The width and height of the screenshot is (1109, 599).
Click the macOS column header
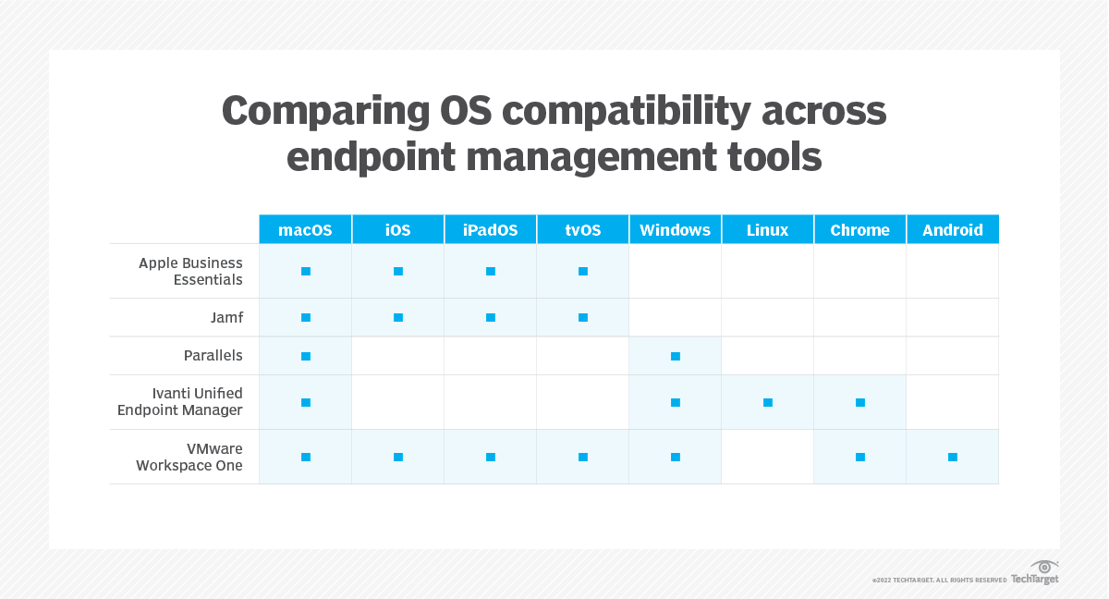pyautogui.click(x=305, y=230)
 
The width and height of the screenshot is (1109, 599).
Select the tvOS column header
pyautogui.click(x=582, y=230)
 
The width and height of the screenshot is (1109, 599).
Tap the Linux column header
pyautogui.click(x=767, y=230)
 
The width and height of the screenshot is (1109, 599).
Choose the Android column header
pyautogui.click(x=952, y=230)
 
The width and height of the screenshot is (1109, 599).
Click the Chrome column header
pyautogui.click(x=859, y=230)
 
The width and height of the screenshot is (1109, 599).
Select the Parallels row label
pyautogui.click(x=213, y=355)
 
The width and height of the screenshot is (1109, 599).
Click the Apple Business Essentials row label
pyautogui.click(x=190, y=271)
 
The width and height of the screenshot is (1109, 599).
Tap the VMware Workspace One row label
pyautogui.click(x=189, y=457)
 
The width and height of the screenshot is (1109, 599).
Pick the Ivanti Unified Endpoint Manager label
pyautogui.click(x=180, y=402)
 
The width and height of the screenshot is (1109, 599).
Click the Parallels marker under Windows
pyautogui.click(x=676, y=356)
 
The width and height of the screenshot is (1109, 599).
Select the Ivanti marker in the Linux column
pyautogui.click(x=768, y=402)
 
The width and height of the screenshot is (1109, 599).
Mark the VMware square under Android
pyautogui.click(x=953, y=457)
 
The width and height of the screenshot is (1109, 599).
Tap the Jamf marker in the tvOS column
pyautogui.click(x=583, y=317)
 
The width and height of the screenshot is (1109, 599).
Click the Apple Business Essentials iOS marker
pyautogui.click(x=398, y=271)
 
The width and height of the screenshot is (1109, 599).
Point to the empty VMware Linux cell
pyautogui.click(x=767, y=457)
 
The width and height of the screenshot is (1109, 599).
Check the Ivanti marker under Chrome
pyautogui.click(x=860, y=402)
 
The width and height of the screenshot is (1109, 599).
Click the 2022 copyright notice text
pyautogui.click(x=939, y=581)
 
